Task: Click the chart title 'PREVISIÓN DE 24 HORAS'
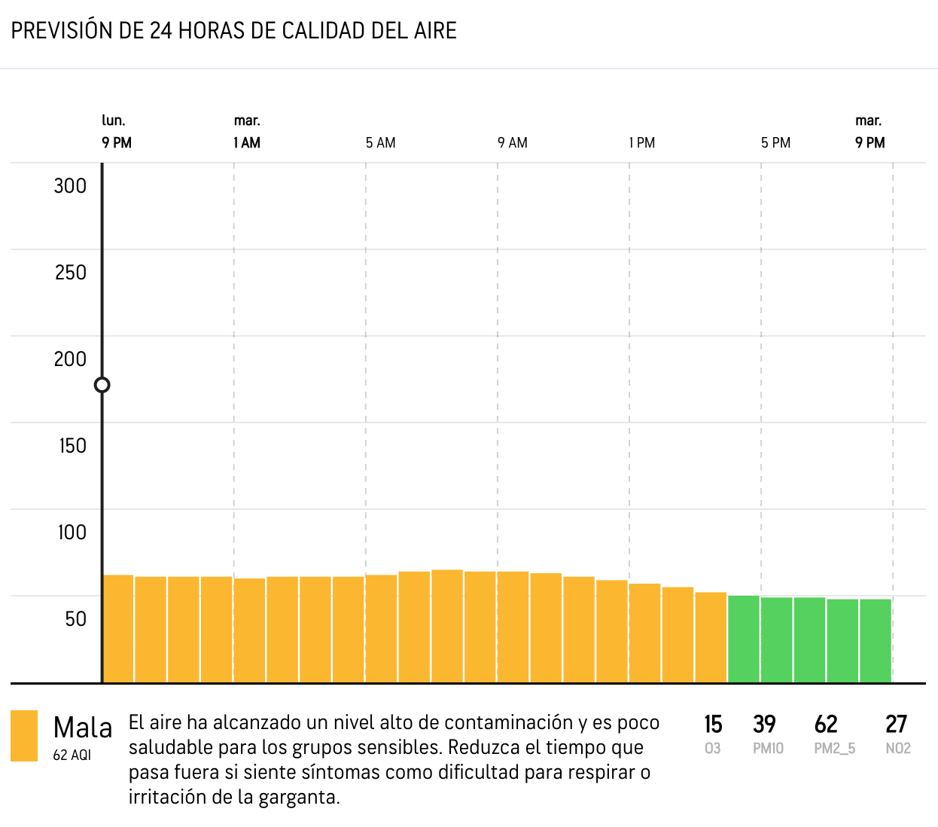(233, 31)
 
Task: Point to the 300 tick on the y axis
(70, 186)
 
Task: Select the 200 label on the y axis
(70, 359)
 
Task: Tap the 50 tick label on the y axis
(75, 619)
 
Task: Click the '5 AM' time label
(380, 143)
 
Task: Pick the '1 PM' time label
(642, 143)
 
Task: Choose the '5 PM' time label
(775, 143)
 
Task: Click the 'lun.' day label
(114, 121)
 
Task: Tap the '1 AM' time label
(247, 143)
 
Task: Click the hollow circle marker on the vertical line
(102, 386)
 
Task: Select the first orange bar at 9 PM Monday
(118, 629)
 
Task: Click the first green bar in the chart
(744, 639)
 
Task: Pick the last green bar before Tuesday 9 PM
(876, 641)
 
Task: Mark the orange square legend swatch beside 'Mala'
(24, 736)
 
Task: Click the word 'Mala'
(83, 728)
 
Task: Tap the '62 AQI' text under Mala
(72, 755)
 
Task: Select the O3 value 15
(713, 725)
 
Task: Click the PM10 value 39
(764, 725)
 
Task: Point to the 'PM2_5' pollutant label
(834, 749)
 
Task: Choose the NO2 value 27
(896, 725)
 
